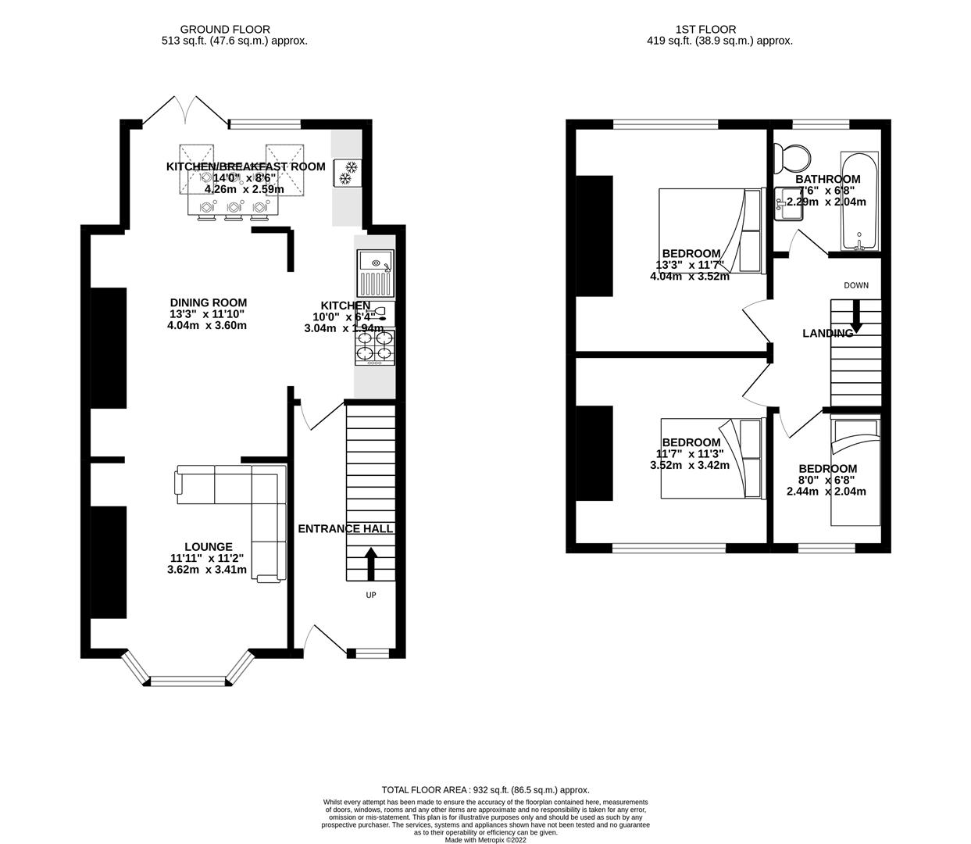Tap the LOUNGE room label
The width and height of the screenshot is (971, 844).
[208, 547]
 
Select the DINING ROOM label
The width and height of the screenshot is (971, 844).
[208, 302]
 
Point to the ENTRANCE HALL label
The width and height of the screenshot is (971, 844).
[345, 529]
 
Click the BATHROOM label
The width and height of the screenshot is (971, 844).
[827, 179]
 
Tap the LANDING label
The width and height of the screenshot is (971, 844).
[827, 334]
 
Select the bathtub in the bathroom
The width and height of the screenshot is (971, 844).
[859, 202]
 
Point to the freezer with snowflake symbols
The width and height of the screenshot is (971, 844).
[345, 173]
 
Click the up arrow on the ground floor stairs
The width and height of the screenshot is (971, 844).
[370, 563]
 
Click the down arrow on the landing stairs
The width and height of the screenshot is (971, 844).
[855, 319]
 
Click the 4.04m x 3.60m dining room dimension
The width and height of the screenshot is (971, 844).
[207, 325]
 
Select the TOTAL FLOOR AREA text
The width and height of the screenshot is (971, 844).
[485, 790]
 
